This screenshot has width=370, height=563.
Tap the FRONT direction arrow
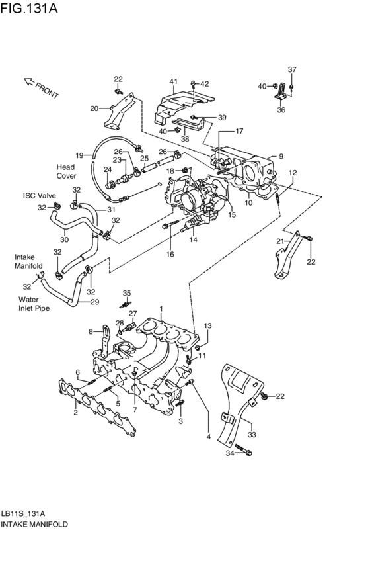tap(41, 87)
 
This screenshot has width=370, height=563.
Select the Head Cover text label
tap(66, 171)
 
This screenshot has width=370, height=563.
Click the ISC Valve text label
tap(39, 196)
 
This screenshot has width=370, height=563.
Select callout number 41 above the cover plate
tap(174, 81)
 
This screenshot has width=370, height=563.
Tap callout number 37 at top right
tap(292, 69)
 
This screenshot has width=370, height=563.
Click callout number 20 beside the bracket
tap(94, 108)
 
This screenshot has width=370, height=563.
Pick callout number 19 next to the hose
tap(79, 155)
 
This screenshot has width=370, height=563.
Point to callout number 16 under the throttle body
tap(170, 254)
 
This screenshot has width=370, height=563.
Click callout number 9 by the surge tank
tap(281, 157)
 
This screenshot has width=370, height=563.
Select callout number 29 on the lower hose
tap(94, 302)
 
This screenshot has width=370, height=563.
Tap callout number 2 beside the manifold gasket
tap(75, 413)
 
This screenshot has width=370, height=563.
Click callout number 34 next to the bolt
tap(229, 453)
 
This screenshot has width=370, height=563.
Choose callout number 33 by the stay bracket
tap(251, 435)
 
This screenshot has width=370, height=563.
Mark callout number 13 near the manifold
tap(207, 326)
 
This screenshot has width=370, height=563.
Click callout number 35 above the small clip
tap(127, 293)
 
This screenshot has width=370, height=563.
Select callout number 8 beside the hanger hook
tap(91, 331)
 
